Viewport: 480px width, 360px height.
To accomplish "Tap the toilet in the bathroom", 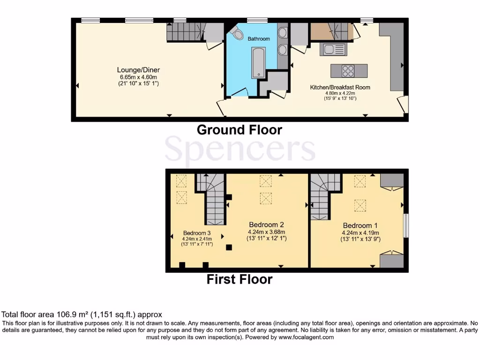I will pyautogui.click(x=237, y=33).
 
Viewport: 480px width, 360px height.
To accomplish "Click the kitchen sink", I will pyautogui.click(x=333, y=49).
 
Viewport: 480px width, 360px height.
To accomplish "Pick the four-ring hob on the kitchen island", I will pyautogui.click(x=348, y=71).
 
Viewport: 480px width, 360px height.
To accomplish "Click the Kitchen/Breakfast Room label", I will pyautogui.click(x=340, y=87).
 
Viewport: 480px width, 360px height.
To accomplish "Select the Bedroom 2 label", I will pyautogui.click(x=266, y=225).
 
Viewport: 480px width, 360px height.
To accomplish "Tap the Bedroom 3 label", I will pyautogui.click(x=197, y=233).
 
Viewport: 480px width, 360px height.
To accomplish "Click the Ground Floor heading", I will pyautogui.click(x=239, y=130).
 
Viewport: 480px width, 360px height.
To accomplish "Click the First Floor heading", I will pyautogui.click(x=239, y=280).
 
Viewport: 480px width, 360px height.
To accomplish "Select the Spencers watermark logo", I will pyautogui.click(x=240, y=149).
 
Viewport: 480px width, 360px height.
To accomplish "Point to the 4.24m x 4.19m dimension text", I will pyautogui.click(x=360, y=232).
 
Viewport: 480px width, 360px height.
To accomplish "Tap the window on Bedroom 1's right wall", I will pyautogui.click(x=406, y=225).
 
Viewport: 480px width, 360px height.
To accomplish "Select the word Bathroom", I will pyautogui.click(x=259, y=39).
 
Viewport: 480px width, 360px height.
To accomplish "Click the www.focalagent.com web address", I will pyautogui.click(x=306, y=337).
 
